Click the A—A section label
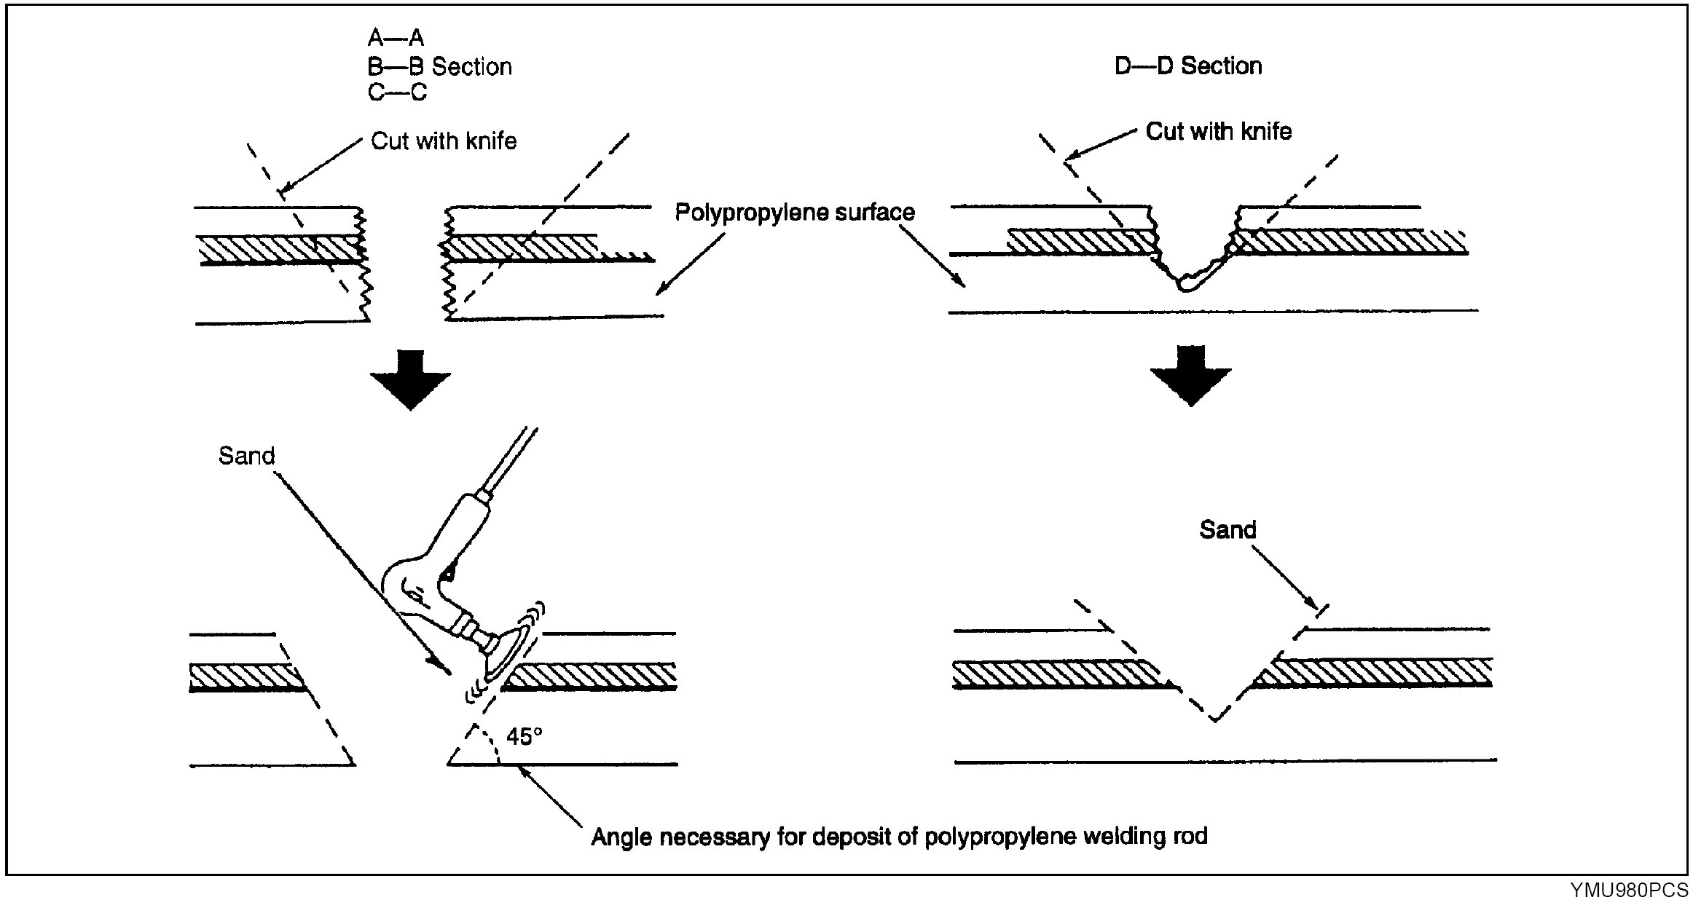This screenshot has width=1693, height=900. (x=396, y=37)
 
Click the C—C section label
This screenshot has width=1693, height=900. (x=397, y=92)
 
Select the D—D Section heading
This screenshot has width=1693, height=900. (x=1188, y=66)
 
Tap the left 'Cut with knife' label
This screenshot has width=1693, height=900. (x=444, y=141)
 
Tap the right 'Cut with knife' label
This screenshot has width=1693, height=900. (x=1218, y=131)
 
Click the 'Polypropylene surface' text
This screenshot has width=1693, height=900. (x=794, y=212)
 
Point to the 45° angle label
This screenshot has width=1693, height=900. (x=525, y=737)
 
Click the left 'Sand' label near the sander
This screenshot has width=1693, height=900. (x=246, y=456)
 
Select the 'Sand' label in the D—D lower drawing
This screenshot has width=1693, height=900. (x=1227, y=529)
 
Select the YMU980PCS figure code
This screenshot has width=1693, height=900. (x=1629, y=889)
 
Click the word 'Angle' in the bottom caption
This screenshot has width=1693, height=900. (x=621, y=837)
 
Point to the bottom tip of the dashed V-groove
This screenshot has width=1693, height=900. (x=1214, y=720)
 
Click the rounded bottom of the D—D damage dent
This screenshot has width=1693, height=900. (x=1186, y=288)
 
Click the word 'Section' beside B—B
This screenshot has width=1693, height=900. (x=471, y=66)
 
